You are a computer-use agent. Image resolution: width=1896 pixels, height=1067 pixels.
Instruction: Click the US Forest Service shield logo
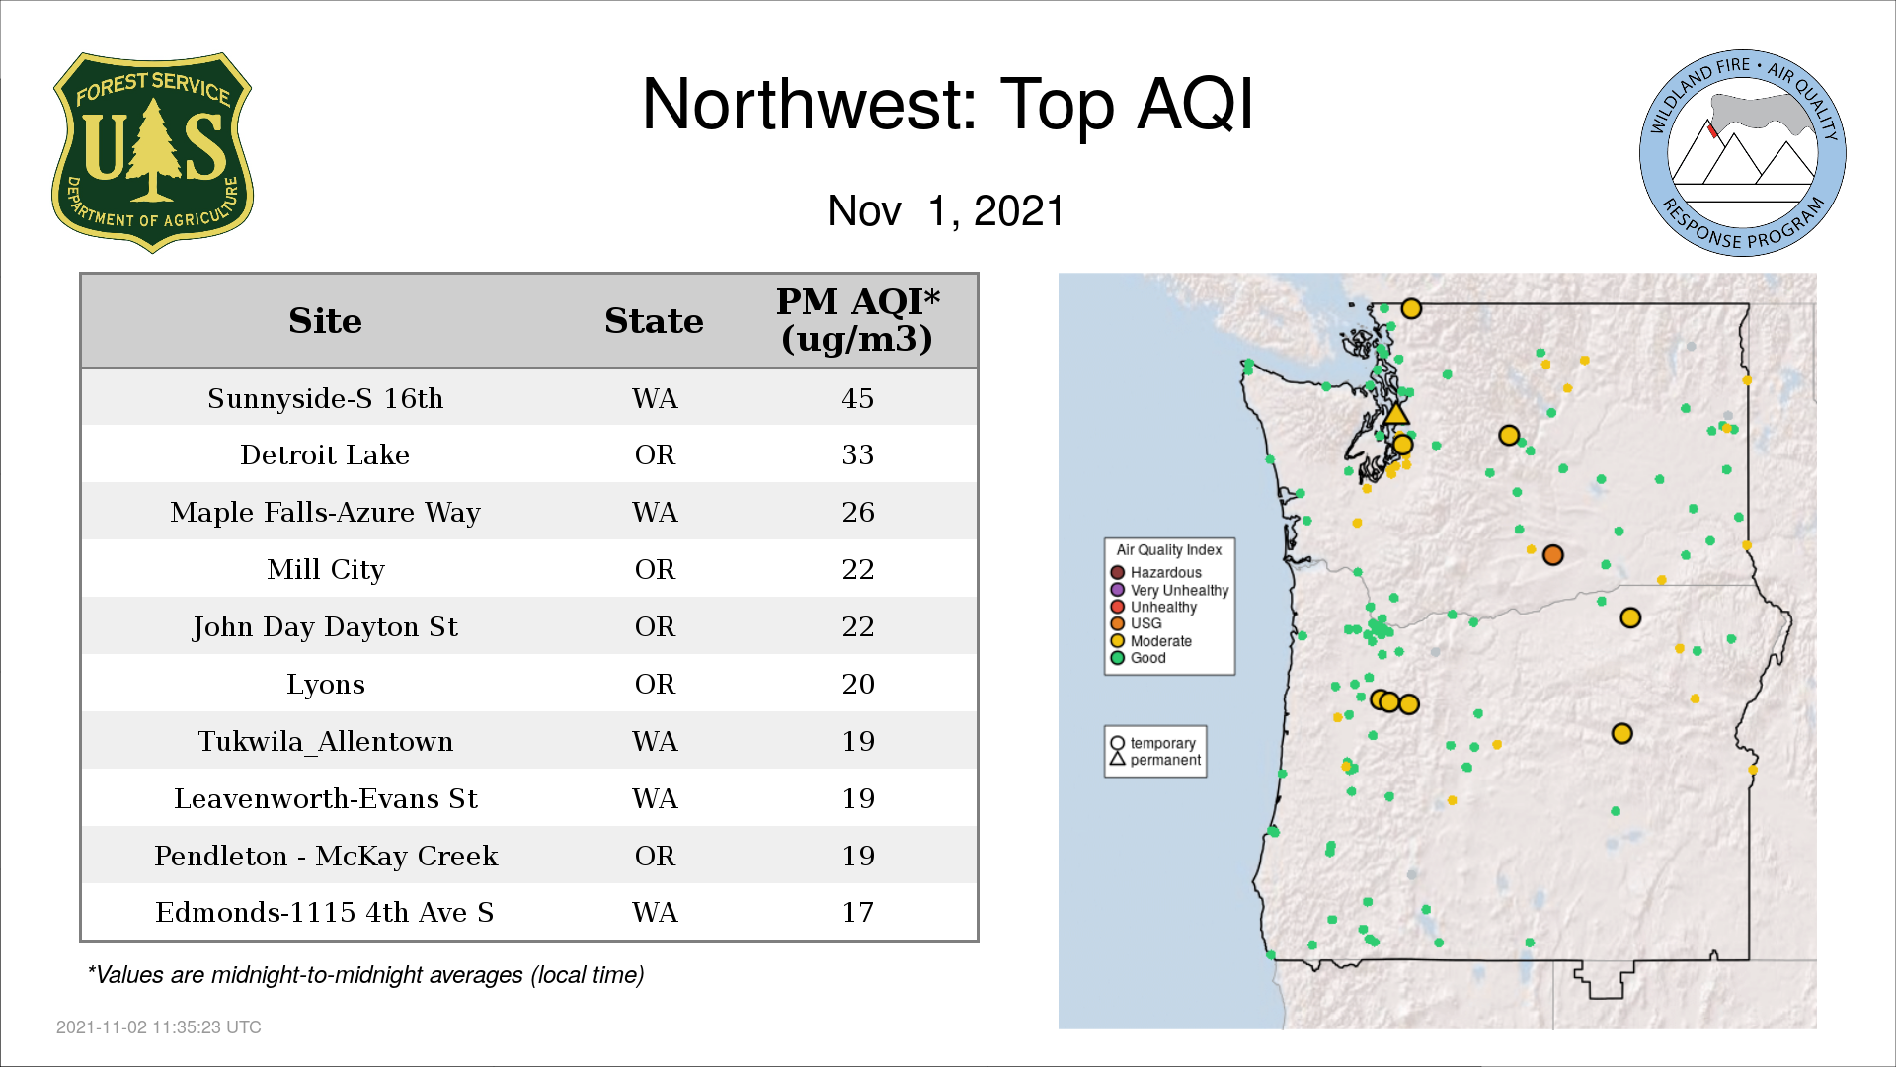click(152, 153)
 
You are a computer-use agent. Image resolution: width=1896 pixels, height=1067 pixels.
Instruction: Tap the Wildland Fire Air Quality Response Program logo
click(1743, 153)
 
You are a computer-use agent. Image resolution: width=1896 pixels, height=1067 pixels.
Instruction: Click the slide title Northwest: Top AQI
click(948, 104)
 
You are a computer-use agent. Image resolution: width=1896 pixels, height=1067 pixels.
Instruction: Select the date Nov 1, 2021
click(946, 210)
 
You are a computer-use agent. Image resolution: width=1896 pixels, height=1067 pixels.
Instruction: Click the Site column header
click(325, 321)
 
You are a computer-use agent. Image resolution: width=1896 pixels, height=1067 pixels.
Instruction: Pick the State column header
click(654, 321)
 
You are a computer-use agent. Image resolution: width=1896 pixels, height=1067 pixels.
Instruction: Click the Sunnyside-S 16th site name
click(325, 398)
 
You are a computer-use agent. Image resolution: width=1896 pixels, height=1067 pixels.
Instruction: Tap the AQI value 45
click(857, 398)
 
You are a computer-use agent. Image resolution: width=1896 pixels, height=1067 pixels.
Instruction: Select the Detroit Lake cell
click(325, 454)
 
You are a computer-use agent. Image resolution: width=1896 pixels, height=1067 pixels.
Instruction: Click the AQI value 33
click(857, 454)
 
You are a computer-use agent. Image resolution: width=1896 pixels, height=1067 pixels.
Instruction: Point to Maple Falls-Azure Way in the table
click(325, 512)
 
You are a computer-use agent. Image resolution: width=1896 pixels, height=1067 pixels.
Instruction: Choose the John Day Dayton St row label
click(325, 626)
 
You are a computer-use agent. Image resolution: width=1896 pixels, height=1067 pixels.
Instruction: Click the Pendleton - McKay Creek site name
click(326, 856)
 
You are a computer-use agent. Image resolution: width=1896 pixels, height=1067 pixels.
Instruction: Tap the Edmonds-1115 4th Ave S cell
click(325, 912)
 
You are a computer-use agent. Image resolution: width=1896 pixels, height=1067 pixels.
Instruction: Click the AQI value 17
click(857, 912)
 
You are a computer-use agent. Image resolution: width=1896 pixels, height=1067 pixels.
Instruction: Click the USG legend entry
click(1137, 623)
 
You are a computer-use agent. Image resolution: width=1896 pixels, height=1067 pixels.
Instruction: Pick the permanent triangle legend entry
click(1154, 760)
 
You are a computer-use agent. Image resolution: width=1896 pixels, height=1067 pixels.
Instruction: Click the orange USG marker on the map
click(1552, 555)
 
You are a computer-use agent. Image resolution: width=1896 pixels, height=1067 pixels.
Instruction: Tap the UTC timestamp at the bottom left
click(159, 1027)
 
